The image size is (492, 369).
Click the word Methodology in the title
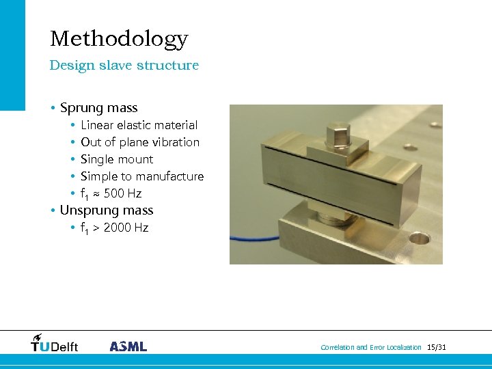pyautogui.click(x=118, y=39)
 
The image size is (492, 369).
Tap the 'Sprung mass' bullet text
pyautogui.click(x=98, y=108)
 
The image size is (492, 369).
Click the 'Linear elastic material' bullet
pyautogui.click(x=139, y=125)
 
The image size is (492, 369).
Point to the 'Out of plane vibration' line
pyautogui.click(x=140, y=142)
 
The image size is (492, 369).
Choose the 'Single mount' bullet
pyautogui.click(x=117, y=159)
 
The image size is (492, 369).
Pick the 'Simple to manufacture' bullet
pyautogui.click(x=142, y=176)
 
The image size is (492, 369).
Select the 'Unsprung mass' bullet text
pyautogui.click(x=106, y=210)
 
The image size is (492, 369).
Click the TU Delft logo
pyautogui.click(x=55, y=344)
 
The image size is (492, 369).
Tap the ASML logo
pyautogui.click(x=128, y=346)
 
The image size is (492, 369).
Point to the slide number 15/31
pyautogui.click(x=436, y=348)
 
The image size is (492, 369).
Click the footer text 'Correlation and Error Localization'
pyautogui.click(x=371, y=348)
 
